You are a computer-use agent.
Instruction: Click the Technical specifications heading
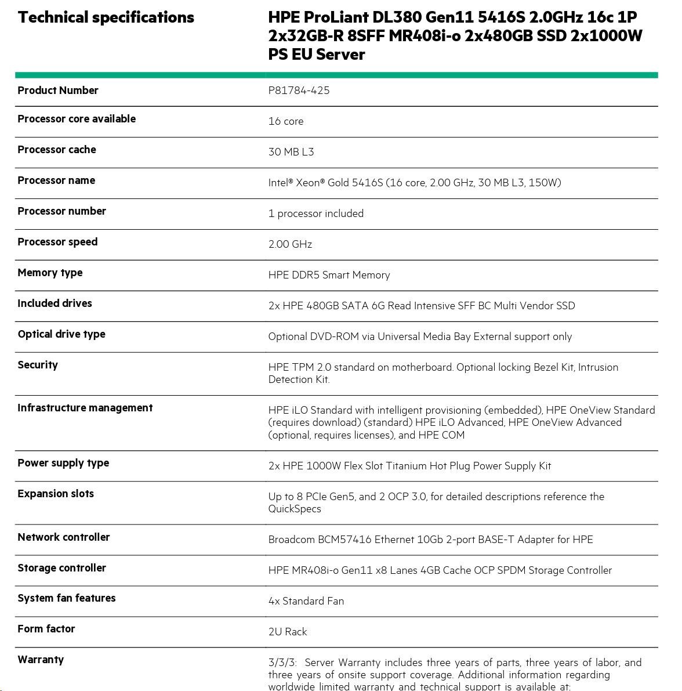106,17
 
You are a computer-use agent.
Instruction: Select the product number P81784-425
299,91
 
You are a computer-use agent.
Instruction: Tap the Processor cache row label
57,150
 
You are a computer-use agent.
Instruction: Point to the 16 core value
285,121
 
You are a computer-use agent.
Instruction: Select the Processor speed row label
57,242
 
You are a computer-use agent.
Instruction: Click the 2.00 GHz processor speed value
290,244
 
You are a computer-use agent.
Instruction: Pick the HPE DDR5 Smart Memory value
329,275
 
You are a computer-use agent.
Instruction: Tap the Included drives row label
55,303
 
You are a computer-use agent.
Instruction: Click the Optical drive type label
61,334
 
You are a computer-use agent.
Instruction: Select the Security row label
38,365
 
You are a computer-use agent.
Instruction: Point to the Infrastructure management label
85,408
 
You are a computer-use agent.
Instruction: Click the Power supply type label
63,463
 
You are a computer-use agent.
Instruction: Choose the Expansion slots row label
56,494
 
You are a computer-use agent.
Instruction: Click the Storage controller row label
61,568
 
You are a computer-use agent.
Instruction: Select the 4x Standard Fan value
306,601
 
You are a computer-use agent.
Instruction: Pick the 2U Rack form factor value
287,632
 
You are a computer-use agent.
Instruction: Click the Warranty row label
41,660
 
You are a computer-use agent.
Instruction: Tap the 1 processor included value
315,214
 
